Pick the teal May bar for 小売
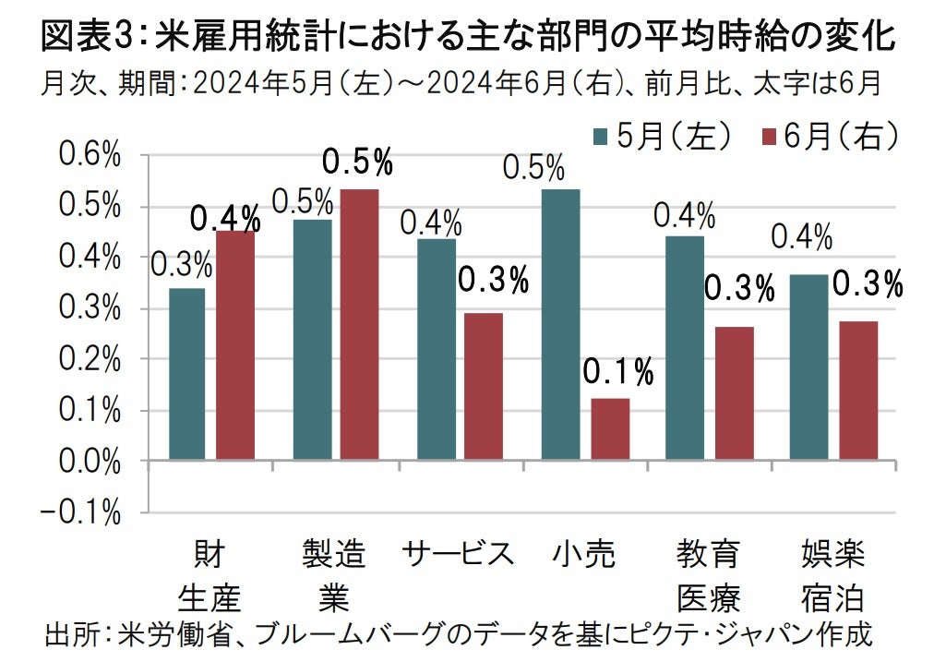click(x=560, y=324)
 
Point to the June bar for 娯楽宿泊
click(x=857, y=391)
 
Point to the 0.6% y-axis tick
click(x=91, y=156)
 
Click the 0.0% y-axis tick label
click(x=91, y=461)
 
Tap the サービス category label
click(x=458, y=555)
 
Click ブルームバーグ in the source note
click(x=317, y=636)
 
